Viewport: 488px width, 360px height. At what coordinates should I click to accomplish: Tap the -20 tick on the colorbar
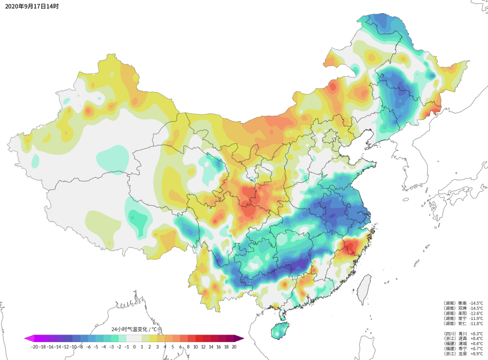[34, 346]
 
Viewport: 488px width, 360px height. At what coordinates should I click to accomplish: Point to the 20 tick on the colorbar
[234, 346]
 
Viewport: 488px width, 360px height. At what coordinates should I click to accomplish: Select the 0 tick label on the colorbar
[134, 346]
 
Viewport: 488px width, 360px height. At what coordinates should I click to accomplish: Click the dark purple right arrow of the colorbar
[240, 338]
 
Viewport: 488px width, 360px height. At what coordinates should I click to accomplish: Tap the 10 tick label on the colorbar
[195, 346]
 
